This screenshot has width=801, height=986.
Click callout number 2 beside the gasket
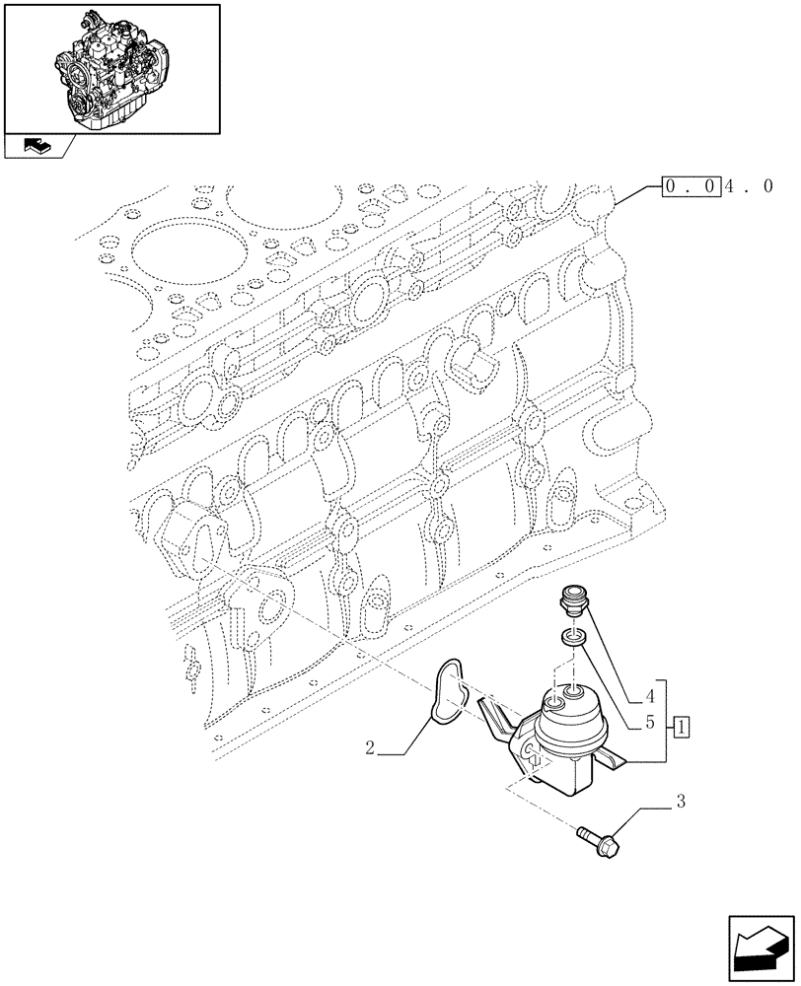tap(369, 749)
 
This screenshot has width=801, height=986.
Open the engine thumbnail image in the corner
tap(110, 68)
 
